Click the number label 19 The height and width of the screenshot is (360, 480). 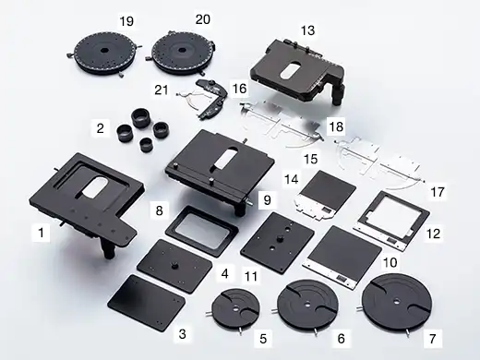pos(126,21)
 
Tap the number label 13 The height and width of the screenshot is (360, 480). pos(307,30)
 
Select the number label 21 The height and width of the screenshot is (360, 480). pos(162,90)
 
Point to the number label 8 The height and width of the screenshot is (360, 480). pos(159,210)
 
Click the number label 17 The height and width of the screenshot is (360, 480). pos(438,192)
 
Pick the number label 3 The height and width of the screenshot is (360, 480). pos(182,334)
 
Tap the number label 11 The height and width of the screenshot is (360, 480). pos(251,276)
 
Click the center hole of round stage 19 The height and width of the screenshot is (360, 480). pos(104,51)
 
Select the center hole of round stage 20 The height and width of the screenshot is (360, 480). pos(182,50)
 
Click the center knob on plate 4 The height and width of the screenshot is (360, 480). pos(175,265)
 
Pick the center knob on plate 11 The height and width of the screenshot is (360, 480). pos(281,238)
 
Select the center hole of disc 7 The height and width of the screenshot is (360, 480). pos(397,300)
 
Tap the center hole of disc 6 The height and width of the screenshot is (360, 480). pos(307,305)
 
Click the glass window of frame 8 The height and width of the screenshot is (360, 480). pos(202,229)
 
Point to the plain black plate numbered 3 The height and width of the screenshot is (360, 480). pos(147,303)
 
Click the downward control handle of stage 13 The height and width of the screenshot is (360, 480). pos(339,93)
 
